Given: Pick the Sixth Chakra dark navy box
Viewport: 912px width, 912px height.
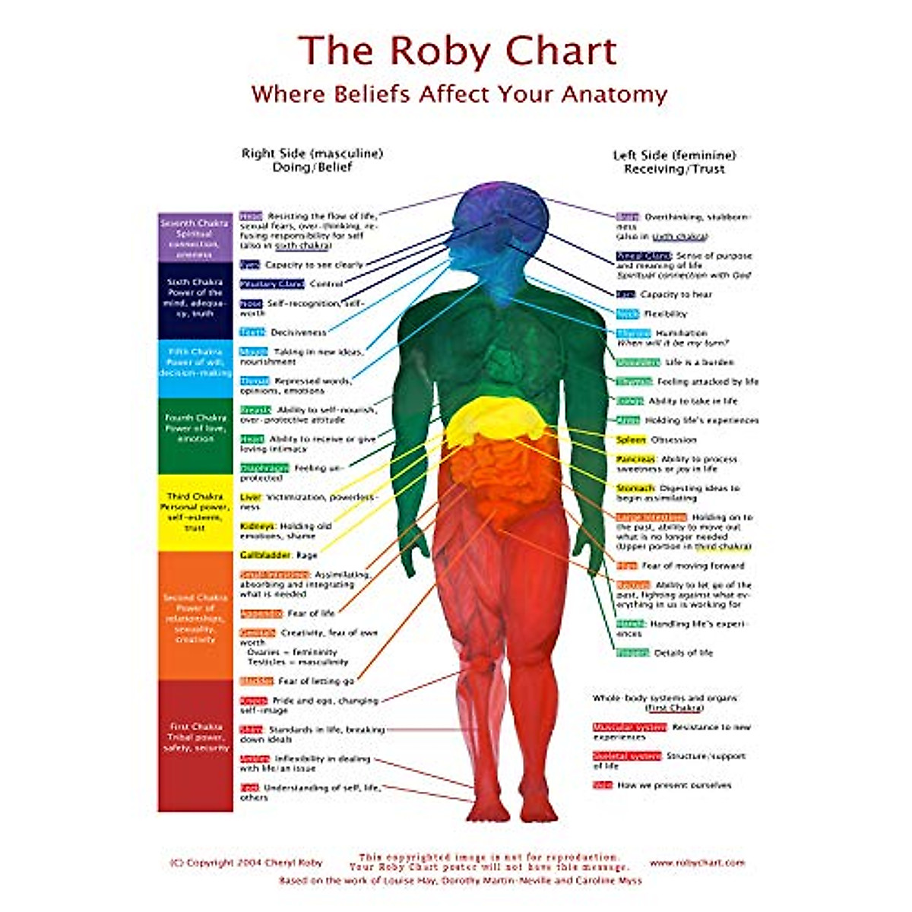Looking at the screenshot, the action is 195,299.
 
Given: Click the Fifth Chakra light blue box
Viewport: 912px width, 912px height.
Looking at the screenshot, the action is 195,368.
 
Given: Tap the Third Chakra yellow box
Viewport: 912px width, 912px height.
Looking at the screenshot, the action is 195,512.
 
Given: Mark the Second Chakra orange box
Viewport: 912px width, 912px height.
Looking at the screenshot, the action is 195,616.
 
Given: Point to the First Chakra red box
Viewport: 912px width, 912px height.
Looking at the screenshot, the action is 195,745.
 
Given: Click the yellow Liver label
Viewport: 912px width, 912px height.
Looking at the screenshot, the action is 250,497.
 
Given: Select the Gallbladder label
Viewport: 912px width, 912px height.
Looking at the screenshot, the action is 265,556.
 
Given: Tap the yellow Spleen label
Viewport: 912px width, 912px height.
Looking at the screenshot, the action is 630,440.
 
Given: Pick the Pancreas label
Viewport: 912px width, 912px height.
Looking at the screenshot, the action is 635,459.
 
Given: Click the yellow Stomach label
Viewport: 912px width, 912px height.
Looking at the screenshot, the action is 635,488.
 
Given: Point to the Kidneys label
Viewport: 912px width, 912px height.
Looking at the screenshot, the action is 258,526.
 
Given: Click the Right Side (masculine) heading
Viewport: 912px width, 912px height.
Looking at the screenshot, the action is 312,154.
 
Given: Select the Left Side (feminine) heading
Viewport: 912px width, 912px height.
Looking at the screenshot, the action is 674,156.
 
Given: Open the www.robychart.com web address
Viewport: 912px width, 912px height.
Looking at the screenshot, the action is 697,863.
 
